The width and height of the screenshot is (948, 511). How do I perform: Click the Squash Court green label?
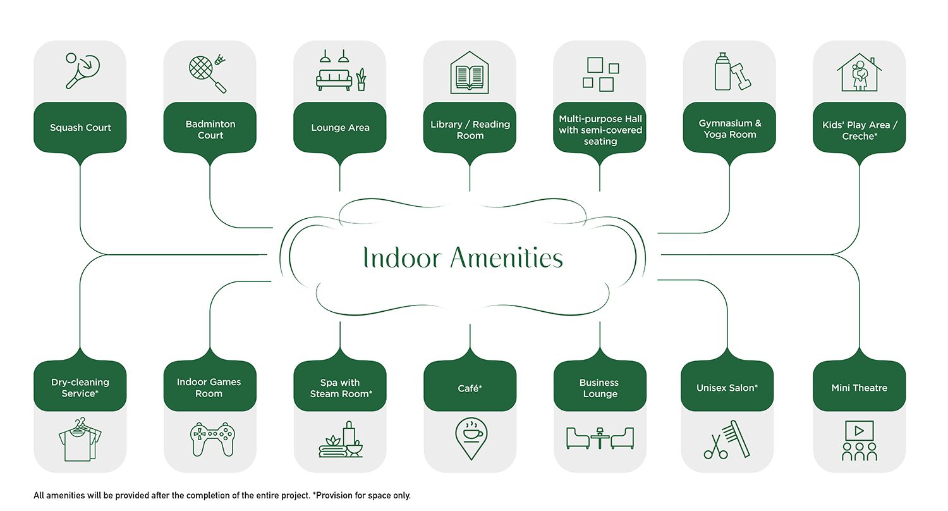point(80,128)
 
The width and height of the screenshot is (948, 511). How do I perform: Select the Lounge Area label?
point(340,128)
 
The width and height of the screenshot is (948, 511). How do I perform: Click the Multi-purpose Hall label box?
point(600,130)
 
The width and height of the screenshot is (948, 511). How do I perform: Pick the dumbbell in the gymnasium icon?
point(740,78)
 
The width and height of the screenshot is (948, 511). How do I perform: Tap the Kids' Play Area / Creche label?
point(859,130)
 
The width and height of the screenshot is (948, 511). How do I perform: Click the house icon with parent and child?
point(859,71)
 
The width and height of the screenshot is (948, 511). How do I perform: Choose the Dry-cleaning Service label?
point(80,388)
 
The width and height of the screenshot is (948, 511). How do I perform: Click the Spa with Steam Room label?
point(340,388)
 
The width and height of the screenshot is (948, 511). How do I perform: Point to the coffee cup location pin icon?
point(470,436)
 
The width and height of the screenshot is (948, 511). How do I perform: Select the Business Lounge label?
point(600,388)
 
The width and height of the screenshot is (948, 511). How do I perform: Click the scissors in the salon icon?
point(715,446)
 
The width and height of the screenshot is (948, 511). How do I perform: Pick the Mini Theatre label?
point(859,388)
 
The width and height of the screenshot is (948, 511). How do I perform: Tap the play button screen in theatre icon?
point(859,431)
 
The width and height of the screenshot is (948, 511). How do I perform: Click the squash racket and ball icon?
point(81,70)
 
